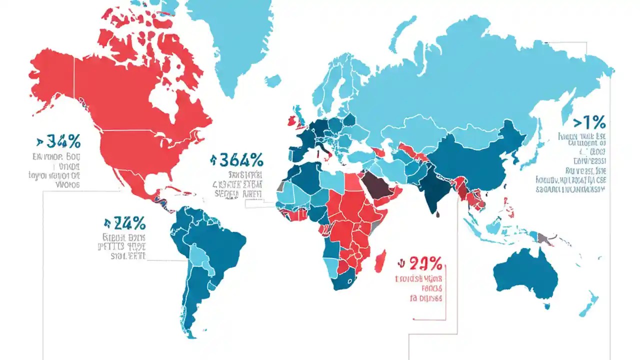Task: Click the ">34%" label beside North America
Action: [x=59, y=142]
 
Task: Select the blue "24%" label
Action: [x=129, y=223]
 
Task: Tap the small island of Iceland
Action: [x=272, y=80]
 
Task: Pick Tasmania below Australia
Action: [x=547, y=306]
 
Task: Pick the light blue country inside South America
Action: [x=199, y=257]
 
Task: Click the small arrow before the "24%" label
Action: [x=107, y=223]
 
